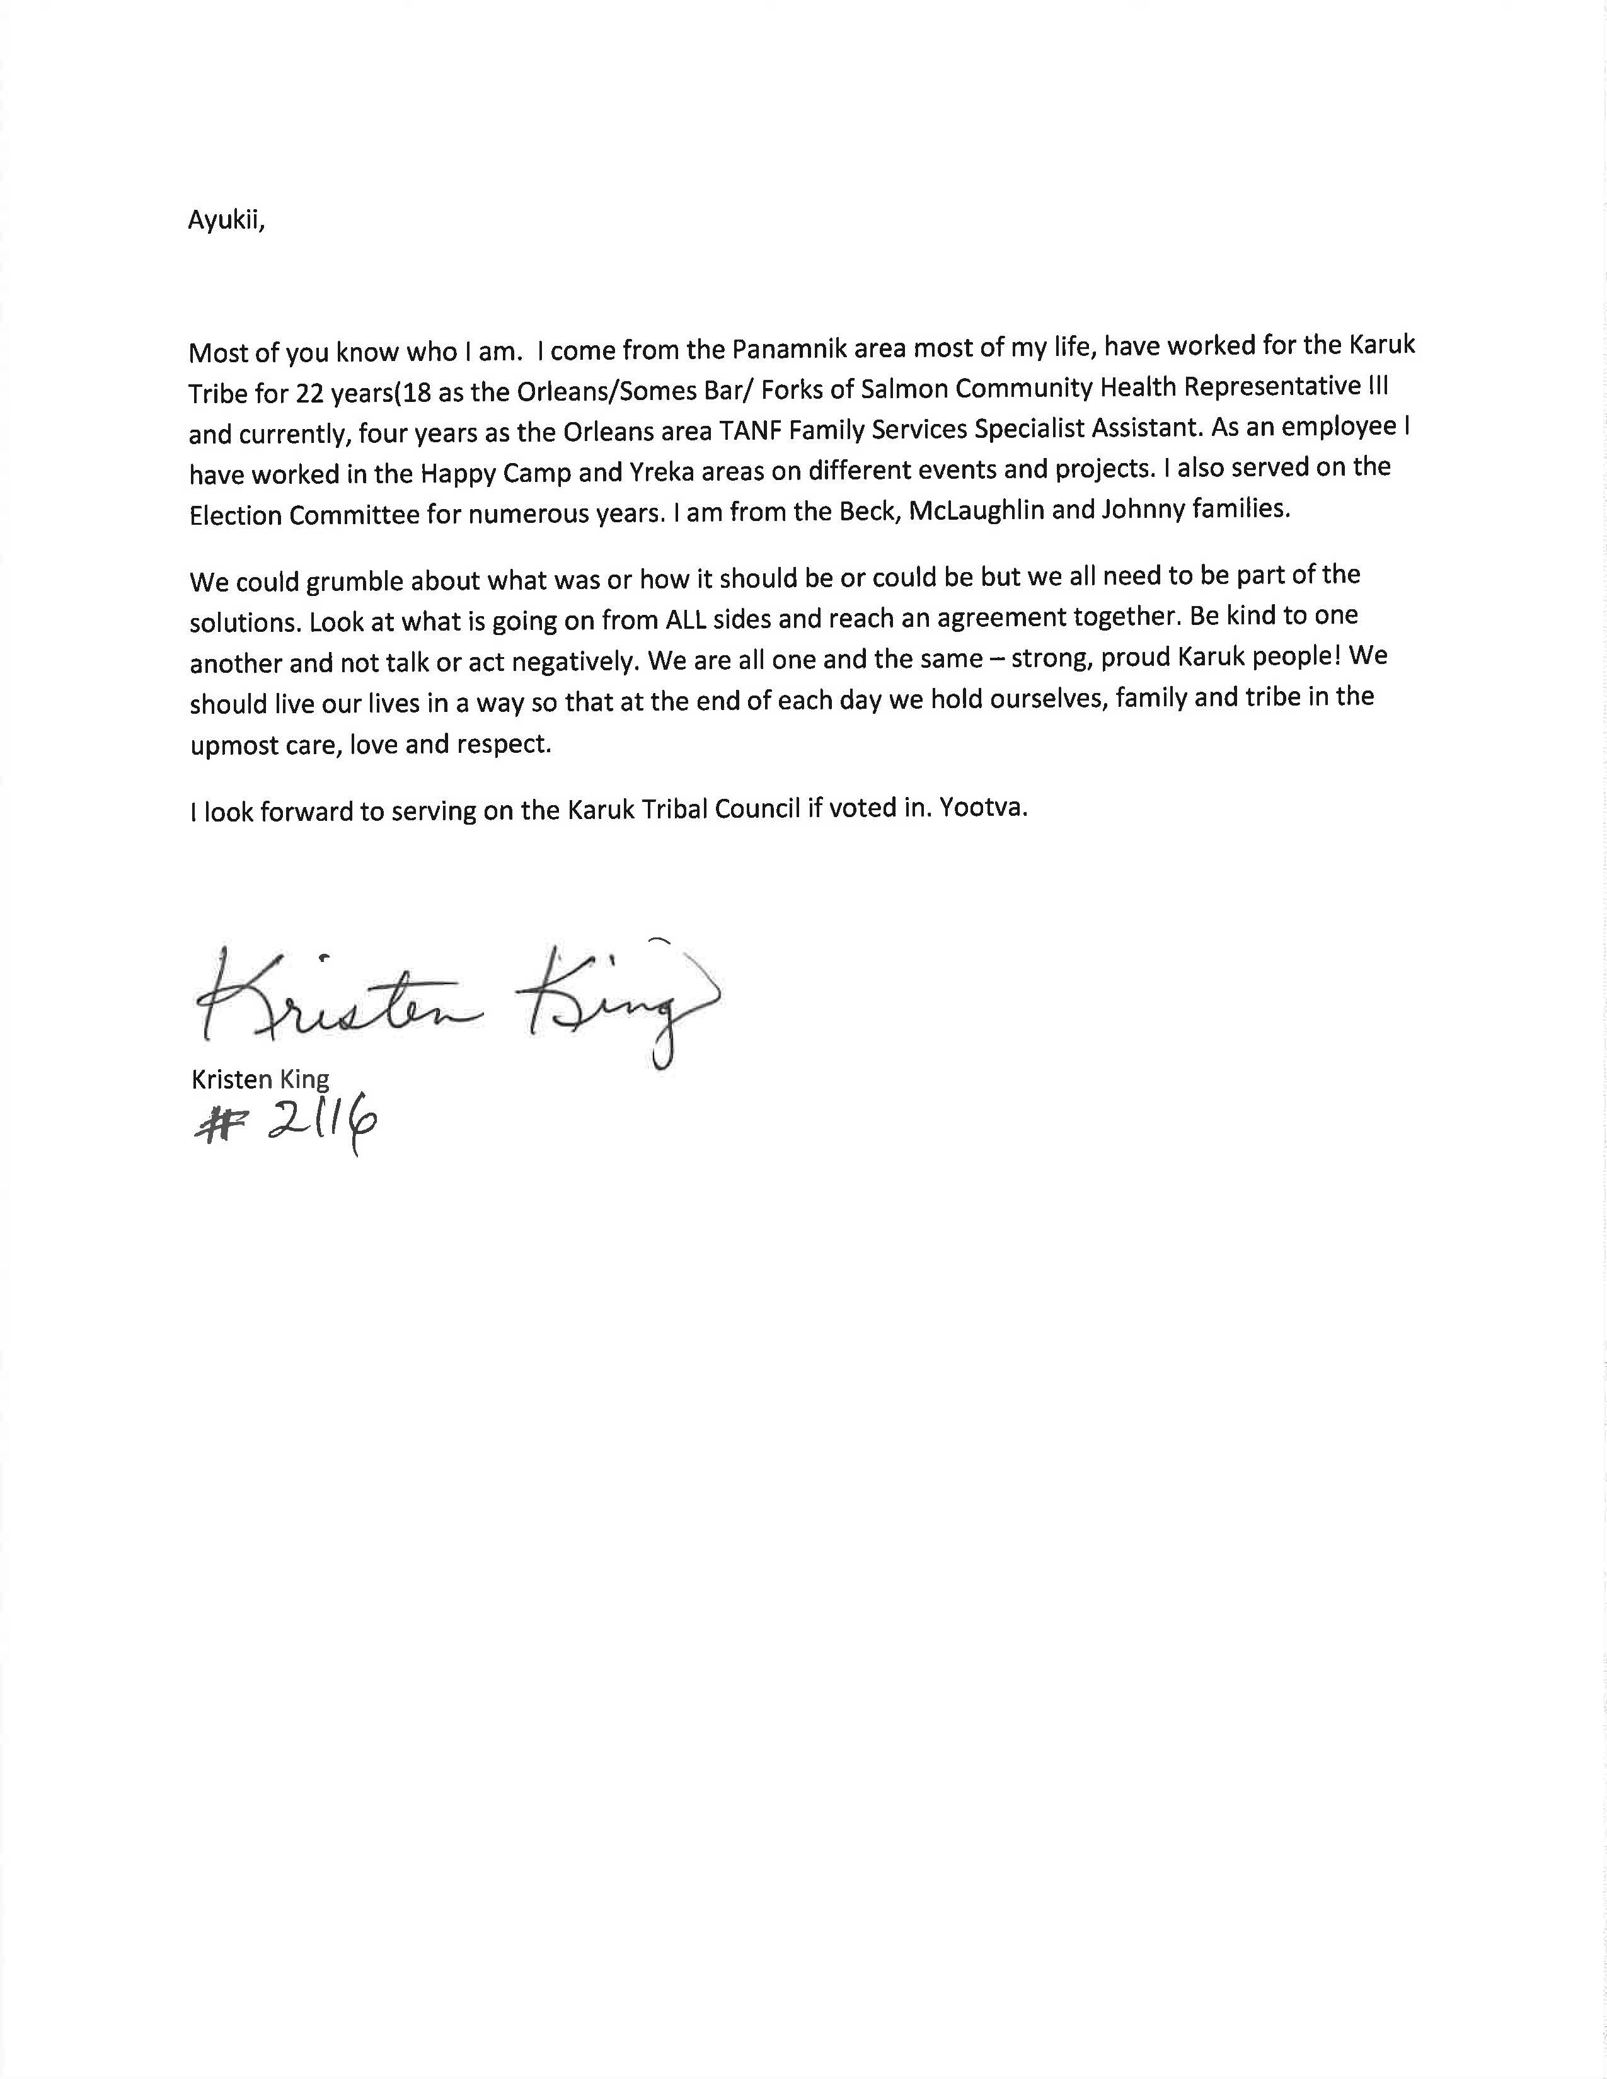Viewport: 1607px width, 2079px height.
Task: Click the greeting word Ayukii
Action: point(226,220)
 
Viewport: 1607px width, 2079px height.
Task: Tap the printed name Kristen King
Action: point(260,1079)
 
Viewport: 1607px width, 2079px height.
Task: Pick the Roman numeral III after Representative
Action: point(1378,384)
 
